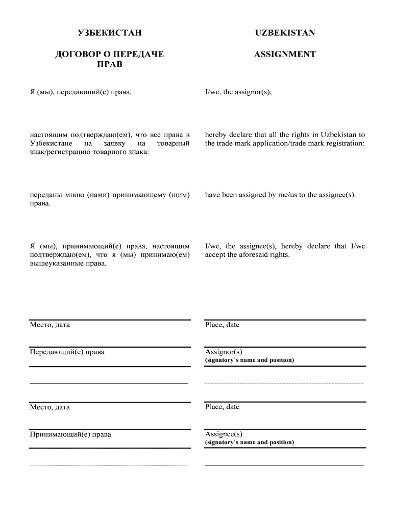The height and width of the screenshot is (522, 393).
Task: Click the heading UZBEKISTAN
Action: (x=285, y=33)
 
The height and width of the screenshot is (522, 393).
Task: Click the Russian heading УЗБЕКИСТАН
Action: (x=109, y=33)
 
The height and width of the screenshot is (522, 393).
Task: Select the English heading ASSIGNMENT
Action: (x=285, y=54)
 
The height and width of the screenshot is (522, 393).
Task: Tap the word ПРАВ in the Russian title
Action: (x=109, y=65)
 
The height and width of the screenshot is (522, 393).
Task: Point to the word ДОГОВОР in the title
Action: (x=75, y=54)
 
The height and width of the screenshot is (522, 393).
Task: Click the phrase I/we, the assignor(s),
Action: (x=238, y=92)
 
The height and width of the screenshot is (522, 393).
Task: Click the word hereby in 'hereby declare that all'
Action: (x=215, y=135)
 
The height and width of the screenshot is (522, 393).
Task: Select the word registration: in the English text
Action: (x=345, y=144)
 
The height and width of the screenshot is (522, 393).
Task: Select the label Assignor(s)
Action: (x=224, y=352)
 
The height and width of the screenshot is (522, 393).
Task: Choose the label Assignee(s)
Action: (x=224, y=434)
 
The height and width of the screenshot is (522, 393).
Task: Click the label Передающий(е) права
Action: (x=67, y=352)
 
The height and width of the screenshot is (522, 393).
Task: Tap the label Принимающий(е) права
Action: (x=70, y=435)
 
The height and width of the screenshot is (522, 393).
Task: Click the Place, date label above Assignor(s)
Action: (x=222, y=325)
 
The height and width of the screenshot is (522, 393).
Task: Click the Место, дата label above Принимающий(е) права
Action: (x=50, y=407)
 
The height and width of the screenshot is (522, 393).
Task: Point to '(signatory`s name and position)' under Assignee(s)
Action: (x=250, y=442)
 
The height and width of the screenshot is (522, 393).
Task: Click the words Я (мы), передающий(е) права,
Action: (x=81, y=92)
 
